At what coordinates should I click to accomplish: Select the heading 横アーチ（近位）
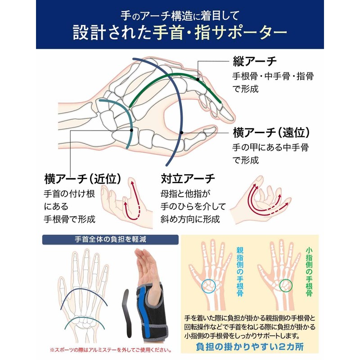83,179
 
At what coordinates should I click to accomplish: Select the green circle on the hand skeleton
285,285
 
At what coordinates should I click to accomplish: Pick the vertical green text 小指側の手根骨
309,270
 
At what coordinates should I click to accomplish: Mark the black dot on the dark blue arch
181,132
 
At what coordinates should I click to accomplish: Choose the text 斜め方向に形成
190,220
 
